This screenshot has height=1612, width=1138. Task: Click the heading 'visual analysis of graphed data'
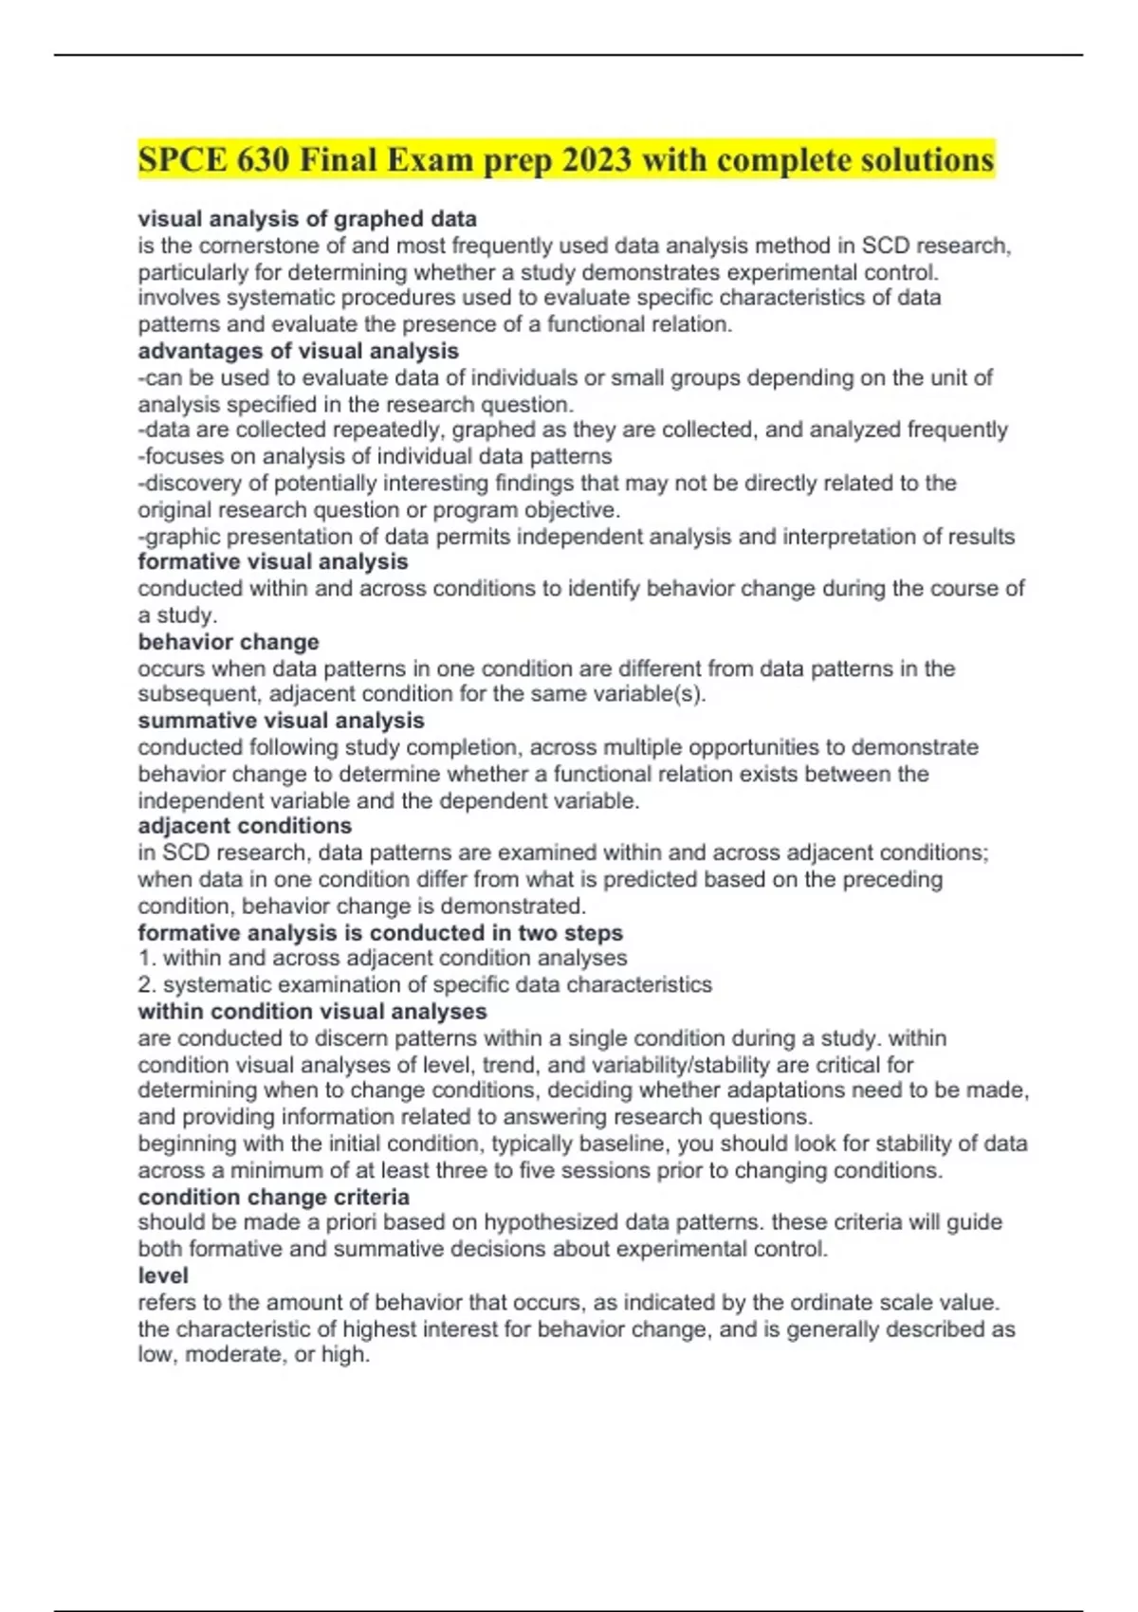307,219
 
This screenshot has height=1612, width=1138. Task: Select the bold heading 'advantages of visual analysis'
298,351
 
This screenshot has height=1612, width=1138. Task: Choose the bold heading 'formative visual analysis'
273,561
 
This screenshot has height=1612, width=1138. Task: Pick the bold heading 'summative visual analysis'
281,721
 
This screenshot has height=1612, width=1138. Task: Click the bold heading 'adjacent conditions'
245,826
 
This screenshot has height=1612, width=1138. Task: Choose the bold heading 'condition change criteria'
273,1197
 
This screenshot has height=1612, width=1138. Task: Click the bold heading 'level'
162,1275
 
